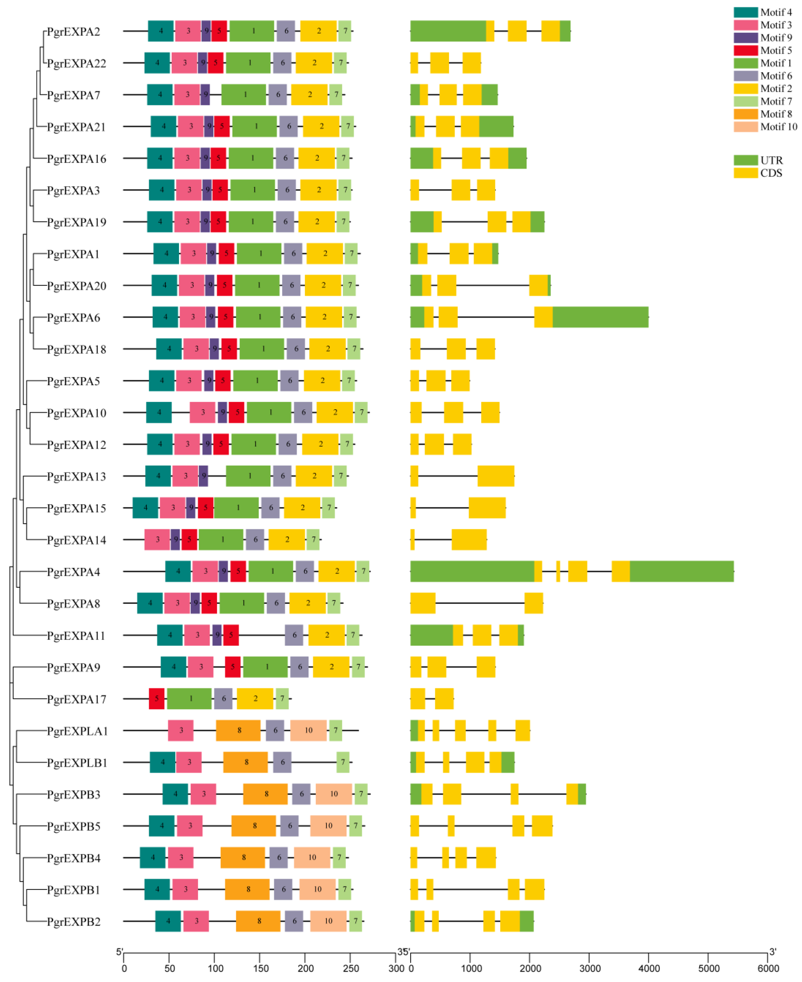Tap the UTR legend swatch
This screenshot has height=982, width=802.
click(745, 160)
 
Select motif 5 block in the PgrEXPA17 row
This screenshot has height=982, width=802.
click(157, 698)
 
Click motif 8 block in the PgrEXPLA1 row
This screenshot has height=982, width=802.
click(238, 730)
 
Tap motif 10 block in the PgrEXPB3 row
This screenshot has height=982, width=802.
click(334, 794)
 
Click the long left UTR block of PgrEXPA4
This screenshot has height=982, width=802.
click(472, 571)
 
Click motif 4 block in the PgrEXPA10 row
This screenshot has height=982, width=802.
click(159, 412)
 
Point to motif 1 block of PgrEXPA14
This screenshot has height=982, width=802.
click(221, 540)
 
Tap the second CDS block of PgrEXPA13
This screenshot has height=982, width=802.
click(496, 476)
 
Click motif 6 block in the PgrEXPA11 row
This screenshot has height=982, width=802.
click(294, 635)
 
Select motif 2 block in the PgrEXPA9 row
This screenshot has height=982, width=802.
click(331, 667)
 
